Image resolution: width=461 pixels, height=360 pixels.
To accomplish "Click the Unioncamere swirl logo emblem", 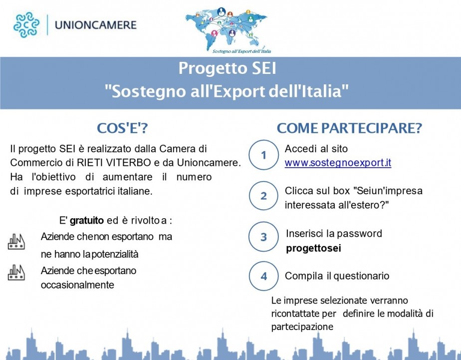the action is (26, 24).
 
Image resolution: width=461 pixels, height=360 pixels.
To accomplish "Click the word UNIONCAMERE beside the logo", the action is (96, 25).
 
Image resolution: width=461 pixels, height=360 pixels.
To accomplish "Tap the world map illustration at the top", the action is (227, 27).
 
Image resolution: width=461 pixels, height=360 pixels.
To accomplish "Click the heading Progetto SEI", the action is (228, 68).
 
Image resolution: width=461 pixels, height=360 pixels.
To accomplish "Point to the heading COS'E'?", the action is (122, 128).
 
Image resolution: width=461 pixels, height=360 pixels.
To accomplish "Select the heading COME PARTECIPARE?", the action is (349, 128).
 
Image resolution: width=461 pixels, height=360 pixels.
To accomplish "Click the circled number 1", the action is (264, 155).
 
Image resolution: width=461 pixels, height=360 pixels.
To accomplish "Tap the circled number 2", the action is (264, 196).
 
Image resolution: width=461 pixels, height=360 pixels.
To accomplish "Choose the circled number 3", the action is (264, 237).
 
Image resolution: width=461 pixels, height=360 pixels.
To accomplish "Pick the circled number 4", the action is (264, 276).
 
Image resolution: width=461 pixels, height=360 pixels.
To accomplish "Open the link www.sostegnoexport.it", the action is (338, 163).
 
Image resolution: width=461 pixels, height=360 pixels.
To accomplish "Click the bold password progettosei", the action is (313, 249).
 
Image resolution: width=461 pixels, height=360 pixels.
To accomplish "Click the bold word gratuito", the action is (87, 221).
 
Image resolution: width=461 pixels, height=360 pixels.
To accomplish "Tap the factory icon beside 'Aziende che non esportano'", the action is (16, 242).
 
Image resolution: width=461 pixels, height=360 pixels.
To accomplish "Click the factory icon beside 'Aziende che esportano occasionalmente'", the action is (16, 272).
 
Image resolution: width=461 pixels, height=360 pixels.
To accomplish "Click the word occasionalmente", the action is (77, 285).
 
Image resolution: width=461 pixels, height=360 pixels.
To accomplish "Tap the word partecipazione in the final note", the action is (302, 327).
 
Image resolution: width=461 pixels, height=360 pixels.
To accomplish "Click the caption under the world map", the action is (241, 51).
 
